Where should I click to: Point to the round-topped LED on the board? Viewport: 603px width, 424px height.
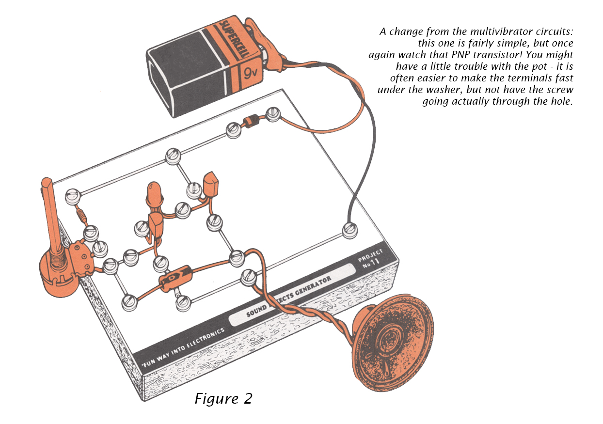pyautogui.click(x=154, y=194)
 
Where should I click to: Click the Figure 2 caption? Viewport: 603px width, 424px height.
pyautogui.click(x=223, y=398)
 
